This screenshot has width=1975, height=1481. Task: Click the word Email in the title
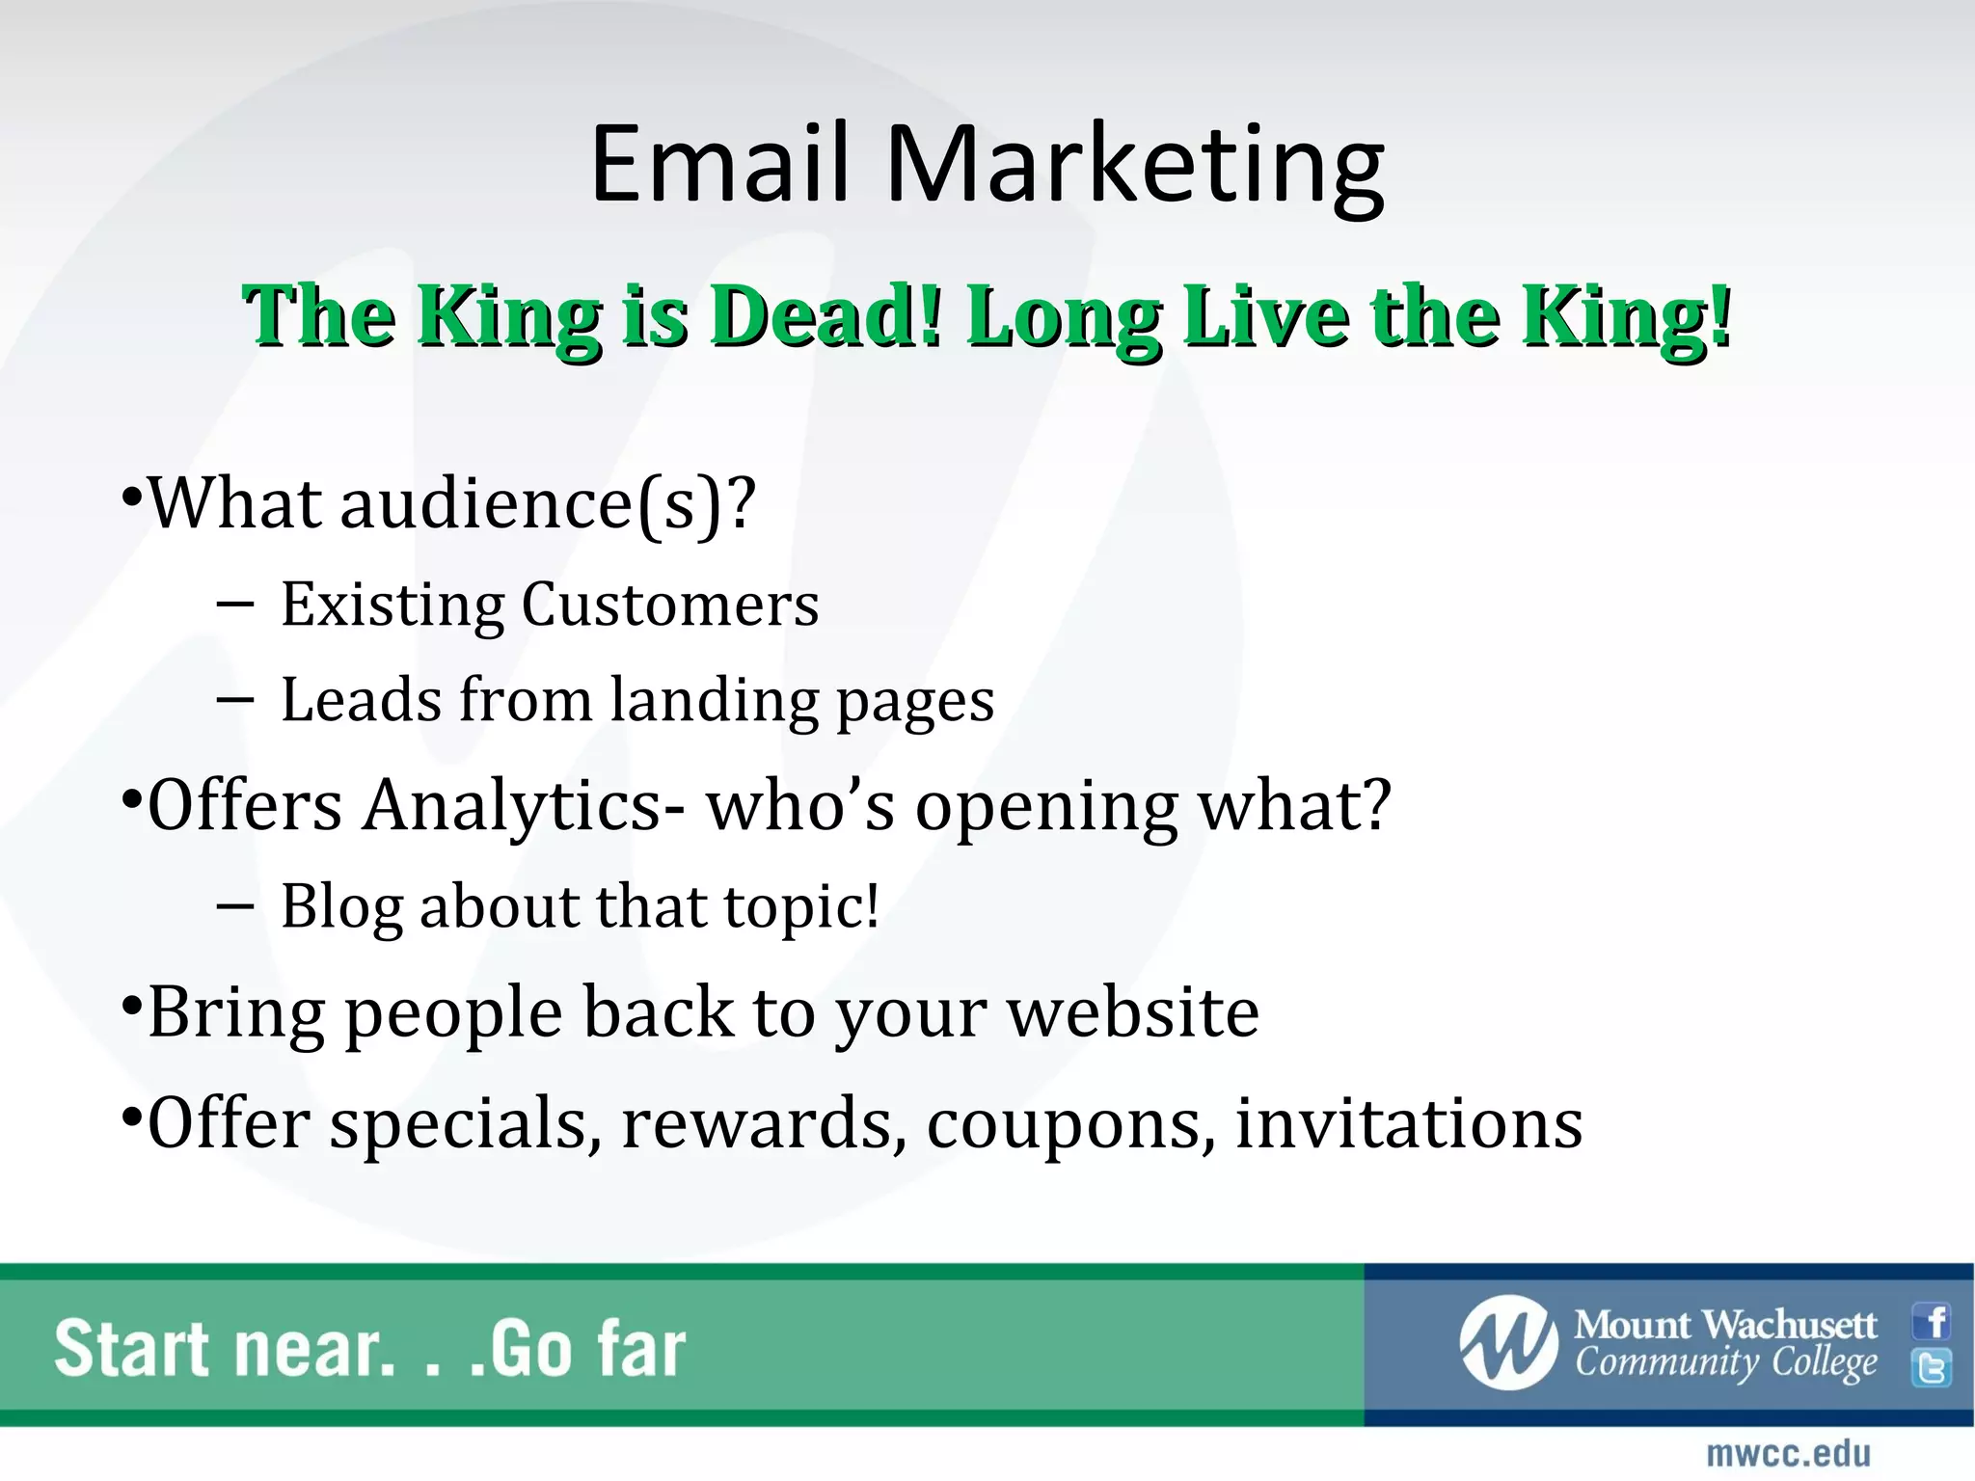(x=718, y=164)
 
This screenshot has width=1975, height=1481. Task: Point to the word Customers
(x=670, y=605)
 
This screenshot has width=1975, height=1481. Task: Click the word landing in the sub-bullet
(x=714, y=702)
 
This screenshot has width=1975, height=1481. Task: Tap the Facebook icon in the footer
(x=1932, y=1321)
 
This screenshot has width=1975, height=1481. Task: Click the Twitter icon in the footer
(x=1932, y=1367)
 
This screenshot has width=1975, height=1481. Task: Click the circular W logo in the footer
(x=1508, y=1342)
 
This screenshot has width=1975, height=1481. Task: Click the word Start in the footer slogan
(x=133, y=1349)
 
